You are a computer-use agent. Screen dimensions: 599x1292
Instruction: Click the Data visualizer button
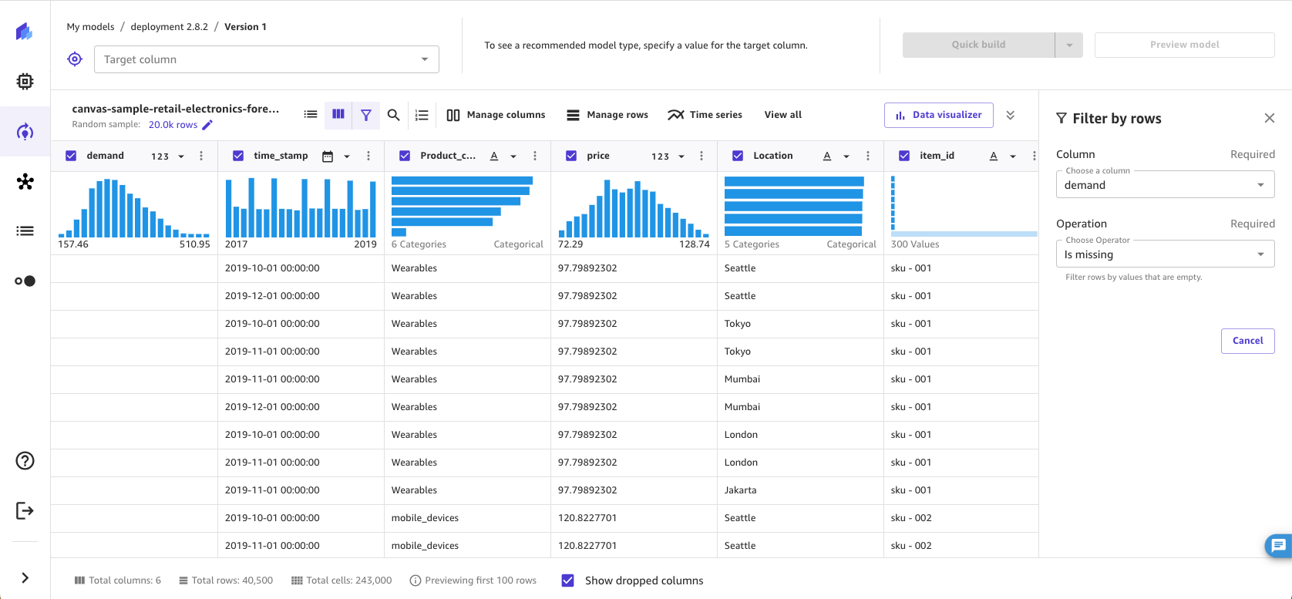938,115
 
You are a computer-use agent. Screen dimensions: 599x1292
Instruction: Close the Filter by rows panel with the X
1269,118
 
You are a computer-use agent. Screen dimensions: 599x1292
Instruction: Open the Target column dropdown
266,59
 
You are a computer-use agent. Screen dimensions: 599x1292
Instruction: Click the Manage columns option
496,115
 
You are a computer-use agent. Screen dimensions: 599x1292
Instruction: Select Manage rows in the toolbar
607,115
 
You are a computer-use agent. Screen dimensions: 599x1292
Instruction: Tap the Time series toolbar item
705,115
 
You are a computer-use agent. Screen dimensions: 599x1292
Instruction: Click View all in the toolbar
782,115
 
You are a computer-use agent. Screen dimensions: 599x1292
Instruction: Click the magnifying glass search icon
393,115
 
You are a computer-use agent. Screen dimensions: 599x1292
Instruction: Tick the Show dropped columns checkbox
568,580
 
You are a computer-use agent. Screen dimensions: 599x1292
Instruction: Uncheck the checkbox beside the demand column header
71,156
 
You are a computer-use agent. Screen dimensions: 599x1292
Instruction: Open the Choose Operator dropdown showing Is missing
1164,254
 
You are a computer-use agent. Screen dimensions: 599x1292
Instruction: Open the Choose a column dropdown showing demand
1164,185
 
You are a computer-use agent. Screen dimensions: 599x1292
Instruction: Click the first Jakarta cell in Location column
740,490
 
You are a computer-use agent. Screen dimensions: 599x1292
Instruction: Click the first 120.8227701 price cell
587,518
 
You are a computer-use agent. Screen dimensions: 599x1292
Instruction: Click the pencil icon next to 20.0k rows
207,125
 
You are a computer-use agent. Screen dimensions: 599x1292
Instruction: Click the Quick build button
977,45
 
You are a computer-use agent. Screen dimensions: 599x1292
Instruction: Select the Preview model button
1184,45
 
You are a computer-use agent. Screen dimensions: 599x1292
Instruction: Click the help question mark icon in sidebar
25,460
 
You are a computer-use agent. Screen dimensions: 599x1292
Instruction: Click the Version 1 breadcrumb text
245,27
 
